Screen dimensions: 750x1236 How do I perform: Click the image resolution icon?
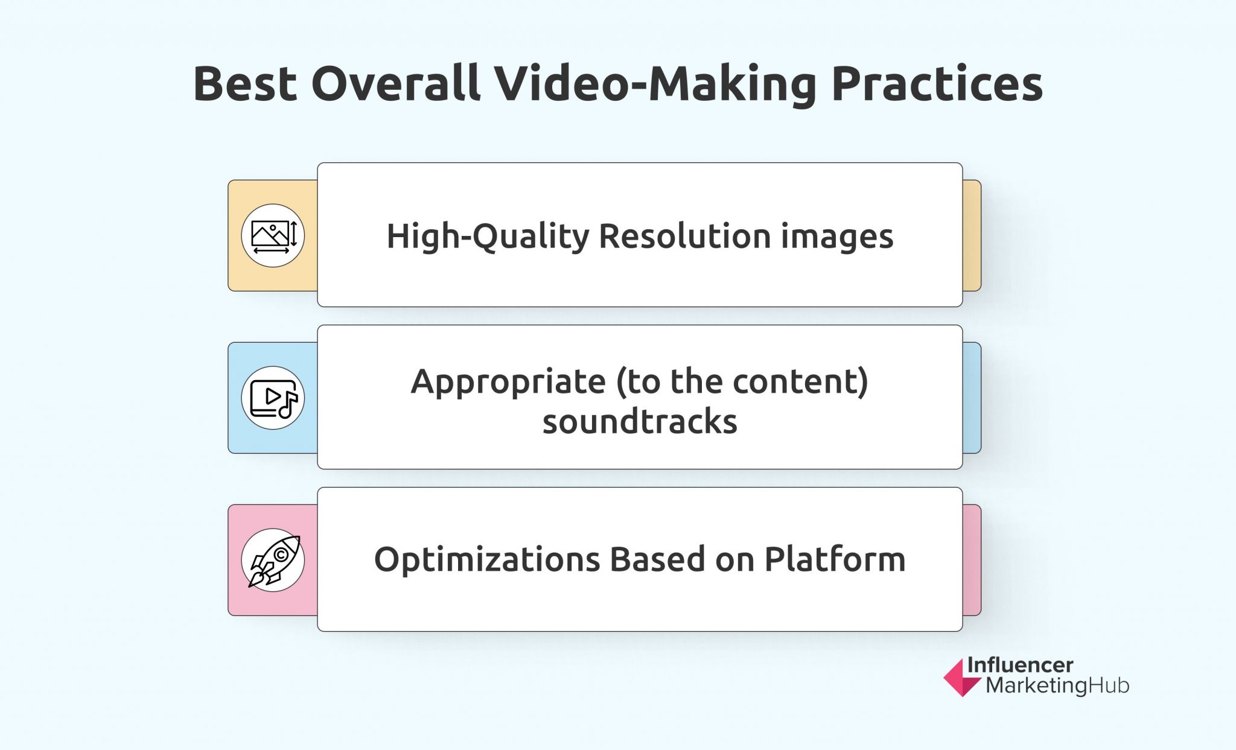tap(273, 235)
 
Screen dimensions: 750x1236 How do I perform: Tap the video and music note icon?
tap(273, 398)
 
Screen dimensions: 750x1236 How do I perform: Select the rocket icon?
tap(273, 561)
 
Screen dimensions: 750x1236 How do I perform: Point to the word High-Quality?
tap(488, 236)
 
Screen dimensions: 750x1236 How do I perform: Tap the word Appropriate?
tap(508, 382)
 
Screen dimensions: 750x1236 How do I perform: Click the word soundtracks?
tap(640, 421)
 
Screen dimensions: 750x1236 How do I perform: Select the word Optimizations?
tap(487, 560)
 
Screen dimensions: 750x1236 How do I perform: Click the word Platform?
tap(835, 559)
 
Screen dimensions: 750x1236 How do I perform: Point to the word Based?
tap(657, 559)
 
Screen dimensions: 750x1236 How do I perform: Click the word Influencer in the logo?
tap(1020, 665)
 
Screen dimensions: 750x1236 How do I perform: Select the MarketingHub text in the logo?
tap(1057, 686)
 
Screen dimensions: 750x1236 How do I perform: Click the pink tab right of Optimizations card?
tap(972, 560)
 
